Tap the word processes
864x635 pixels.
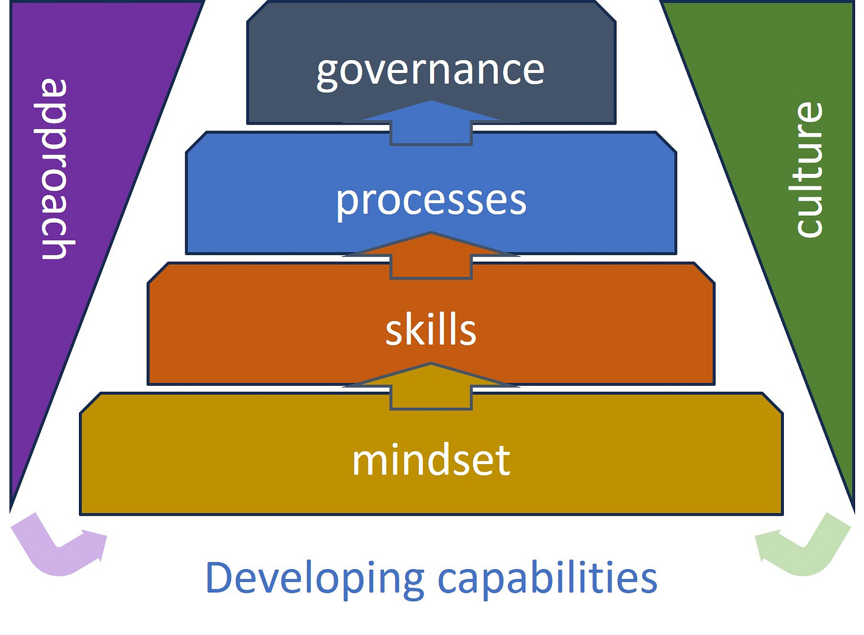(431, 201)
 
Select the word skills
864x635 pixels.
(431, 331)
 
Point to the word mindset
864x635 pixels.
(431, 461)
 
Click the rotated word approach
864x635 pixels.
(55, 169)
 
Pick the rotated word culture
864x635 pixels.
(808, 170)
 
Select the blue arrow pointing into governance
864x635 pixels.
(431, 122)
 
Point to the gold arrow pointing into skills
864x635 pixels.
(431, 386)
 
